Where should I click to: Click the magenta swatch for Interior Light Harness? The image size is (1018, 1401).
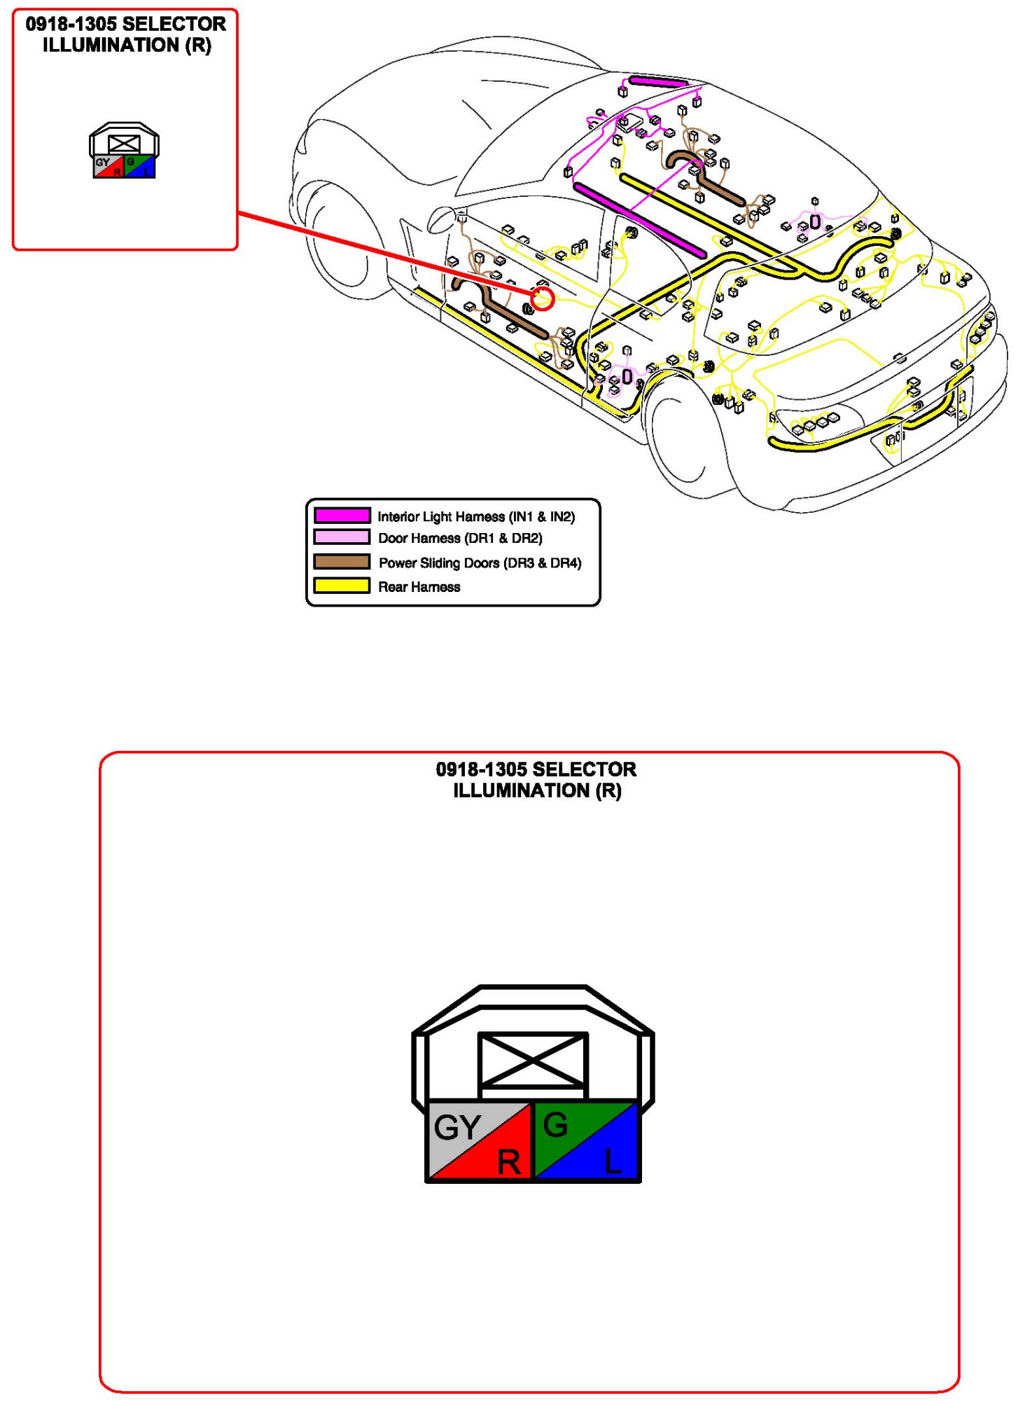click(342, 516)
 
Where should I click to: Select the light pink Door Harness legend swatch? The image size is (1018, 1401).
click(342, 537)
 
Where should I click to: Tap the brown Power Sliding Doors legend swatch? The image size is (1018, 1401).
click(342, 562)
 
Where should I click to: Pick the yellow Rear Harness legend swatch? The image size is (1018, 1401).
click(342, 586)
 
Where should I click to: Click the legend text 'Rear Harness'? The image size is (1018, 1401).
click(419, 587)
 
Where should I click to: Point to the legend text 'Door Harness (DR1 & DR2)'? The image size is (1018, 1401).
click(460, 538)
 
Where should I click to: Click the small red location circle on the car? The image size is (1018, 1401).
click(543, 299)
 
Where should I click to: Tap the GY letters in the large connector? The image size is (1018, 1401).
click(457, 1127)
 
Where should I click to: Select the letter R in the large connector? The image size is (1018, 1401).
click(509, 1162)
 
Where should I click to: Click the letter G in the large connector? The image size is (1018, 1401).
click(555, 1125)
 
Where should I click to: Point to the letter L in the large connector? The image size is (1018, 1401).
click(613, 1162)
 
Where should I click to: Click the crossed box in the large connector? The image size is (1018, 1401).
click(533, 1060)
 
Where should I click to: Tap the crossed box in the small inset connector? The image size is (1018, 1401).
click(124, 144)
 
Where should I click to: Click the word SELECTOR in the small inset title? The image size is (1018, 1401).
click(174, 24)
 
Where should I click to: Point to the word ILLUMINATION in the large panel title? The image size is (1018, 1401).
click(521, 791)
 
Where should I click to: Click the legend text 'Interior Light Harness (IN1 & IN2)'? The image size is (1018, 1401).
click(476, 516)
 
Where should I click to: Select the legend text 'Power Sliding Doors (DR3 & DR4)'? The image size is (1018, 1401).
click(480, 563)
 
